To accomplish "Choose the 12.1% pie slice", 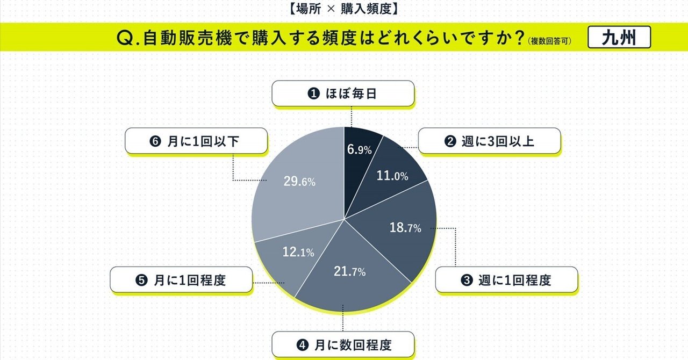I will [x=295, y=253].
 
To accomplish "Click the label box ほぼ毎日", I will [x=343, y=93].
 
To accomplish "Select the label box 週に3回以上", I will [x=489, y=142].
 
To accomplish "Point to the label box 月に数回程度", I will [x=343, y=344].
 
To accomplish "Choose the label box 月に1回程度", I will [x=181, y=280].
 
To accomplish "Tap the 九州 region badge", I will [x=619, y=38].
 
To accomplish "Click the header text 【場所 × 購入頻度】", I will [x=343, y=8].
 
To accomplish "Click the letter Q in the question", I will [x=124, y=39].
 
